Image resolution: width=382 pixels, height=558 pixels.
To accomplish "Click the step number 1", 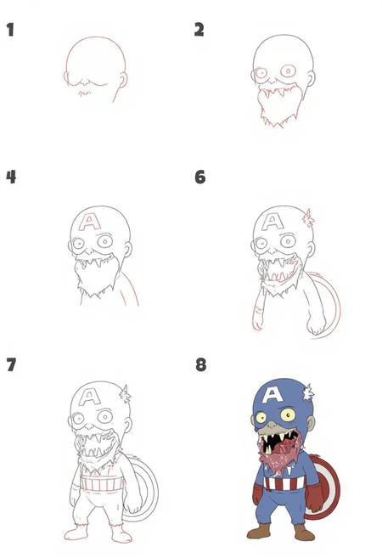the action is [x=10, y=30].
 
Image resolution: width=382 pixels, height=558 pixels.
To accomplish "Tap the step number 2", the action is [x=199, y=30].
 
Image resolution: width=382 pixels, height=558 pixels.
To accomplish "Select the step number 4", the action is [x=11, y=177].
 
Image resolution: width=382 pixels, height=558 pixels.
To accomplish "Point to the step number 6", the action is [x=200, y=177].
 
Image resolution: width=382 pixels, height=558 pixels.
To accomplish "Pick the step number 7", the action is [x=11, y=364].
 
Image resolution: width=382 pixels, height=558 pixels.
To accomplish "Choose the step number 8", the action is [x=201, y=364].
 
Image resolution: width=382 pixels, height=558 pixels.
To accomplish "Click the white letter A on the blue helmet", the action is [x=272, y=395].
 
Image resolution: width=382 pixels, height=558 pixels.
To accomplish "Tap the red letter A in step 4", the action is [x=90, y=222].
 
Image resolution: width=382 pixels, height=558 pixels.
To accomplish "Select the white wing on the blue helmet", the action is [x=308, y=392].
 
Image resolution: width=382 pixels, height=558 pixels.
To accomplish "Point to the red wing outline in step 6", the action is [x=308, y=217].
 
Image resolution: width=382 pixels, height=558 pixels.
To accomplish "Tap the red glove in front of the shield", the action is [x=315, y=498].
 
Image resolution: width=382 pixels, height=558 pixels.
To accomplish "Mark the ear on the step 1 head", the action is [x=123, y=81].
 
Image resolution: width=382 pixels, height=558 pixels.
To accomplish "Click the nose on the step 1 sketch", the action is [x=85, y=83].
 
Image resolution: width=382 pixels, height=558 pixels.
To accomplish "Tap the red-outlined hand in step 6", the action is [x=257, y=317].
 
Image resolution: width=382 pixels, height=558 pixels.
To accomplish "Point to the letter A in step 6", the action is [x=272, y=222].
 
